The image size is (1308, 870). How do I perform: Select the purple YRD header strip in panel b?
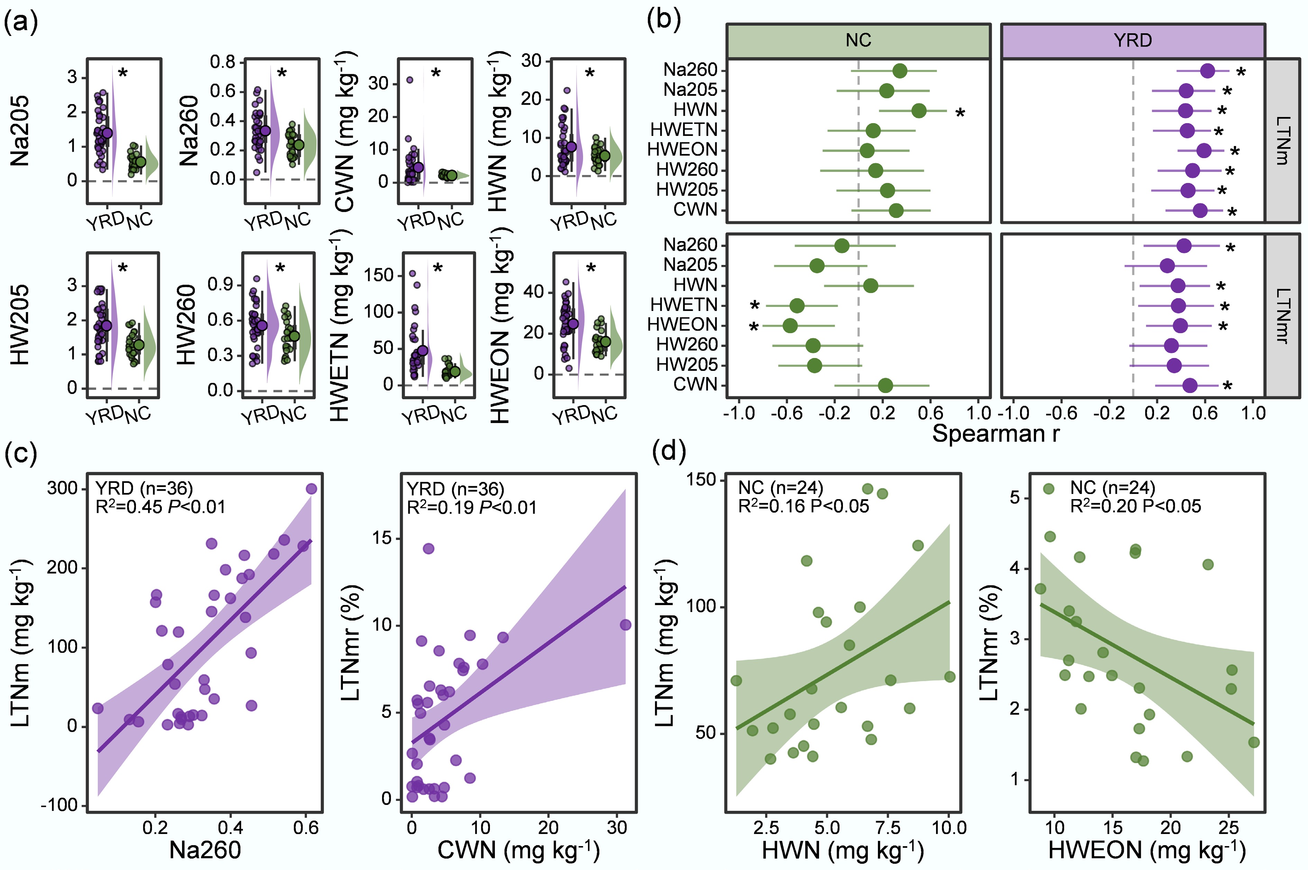click(1133, 40)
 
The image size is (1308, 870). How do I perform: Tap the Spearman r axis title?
click(995, 433)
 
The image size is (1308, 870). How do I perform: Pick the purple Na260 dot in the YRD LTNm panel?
click(1207, 71)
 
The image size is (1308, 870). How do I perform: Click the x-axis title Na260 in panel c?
click(205, 850)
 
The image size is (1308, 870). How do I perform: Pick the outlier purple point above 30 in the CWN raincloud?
click(410, 80)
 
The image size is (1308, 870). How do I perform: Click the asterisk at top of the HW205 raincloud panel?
click(122, 268)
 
